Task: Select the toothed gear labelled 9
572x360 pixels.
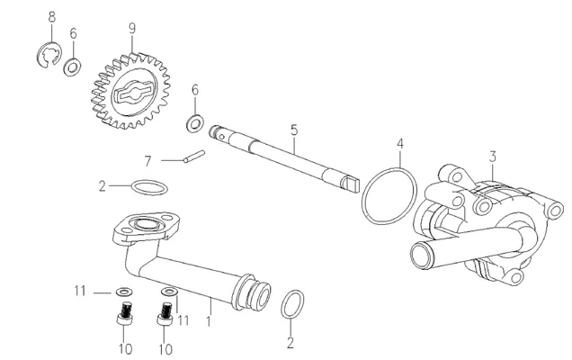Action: point(130,91)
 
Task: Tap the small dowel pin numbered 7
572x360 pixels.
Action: point(194,156)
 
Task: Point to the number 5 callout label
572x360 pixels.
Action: point(294,130)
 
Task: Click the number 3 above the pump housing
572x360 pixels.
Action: point(493,157)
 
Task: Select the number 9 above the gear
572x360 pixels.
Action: point(131,28)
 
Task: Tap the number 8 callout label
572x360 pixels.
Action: point(52,17)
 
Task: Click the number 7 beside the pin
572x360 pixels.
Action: point(147,161)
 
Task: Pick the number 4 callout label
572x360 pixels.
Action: point(400,143)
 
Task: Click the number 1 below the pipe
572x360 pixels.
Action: point(209,321)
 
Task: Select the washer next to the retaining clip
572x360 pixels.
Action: point(72,67)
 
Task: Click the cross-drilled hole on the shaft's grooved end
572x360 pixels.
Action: point(222,136)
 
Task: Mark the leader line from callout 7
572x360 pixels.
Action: point(172,160)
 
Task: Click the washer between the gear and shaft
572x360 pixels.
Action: point(195,124)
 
